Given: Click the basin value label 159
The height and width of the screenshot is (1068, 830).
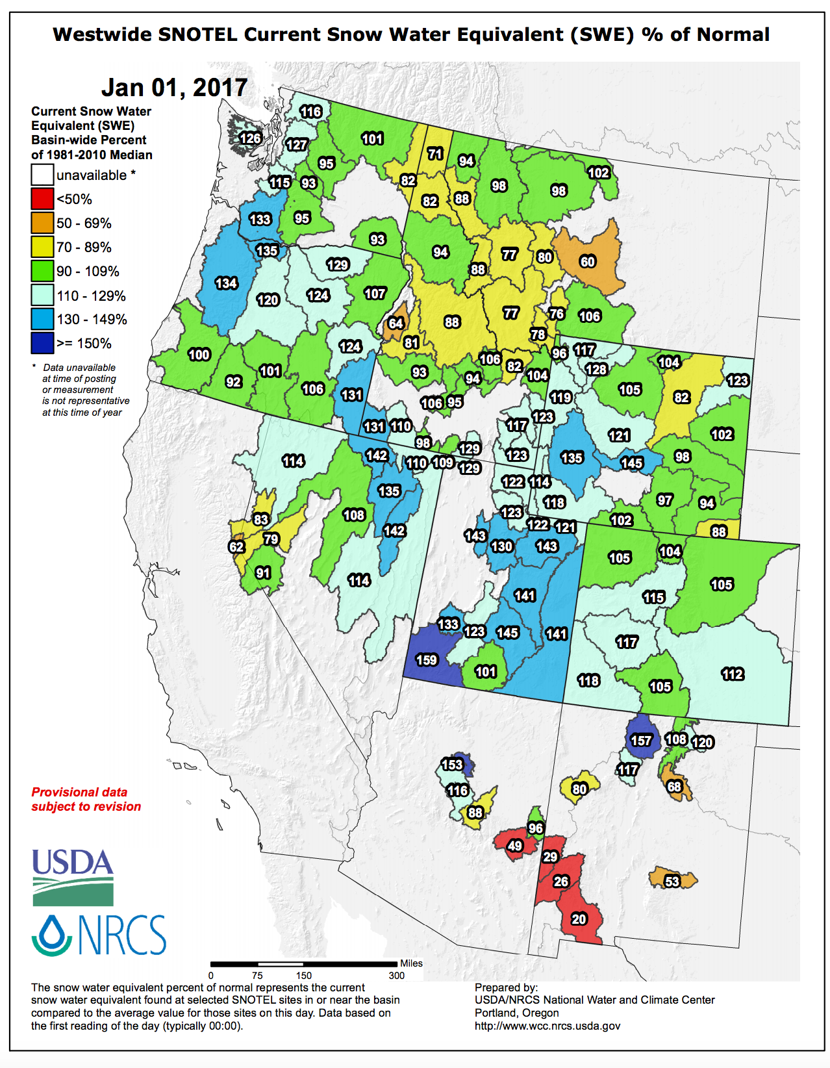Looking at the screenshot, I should [x=427, y=660].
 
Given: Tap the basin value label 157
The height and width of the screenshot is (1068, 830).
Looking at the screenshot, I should [x=641, y=741].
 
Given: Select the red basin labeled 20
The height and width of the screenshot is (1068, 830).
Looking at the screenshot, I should [x=579, y=919].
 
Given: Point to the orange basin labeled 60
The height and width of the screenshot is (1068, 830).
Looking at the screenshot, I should [x=588, y=261].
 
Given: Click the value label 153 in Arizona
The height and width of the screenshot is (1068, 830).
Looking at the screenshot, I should [x=452, y=765].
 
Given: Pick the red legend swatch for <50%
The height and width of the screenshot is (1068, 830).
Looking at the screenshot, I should [x=42, y=199].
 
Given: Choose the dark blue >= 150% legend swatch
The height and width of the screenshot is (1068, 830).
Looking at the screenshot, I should [x=42, y=343].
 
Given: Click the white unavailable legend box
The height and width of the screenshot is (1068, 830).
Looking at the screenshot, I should [x=42, y=175].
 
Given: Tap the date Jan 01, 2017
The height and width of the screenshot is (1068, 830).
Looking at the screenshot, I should [x=174, y=87].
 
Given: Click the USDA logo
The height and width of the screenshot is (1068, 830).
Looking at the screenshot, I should [x=73, y=876].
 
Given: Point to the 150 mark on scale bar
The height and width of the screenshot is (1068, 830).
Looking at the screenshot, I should [x=304, y=975].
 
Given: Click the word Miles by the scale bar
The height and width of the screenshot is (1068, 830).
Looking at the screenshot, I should [x=411, y=963].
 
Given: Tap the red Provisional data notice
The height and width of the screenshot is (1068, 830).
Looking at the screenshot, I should [x=86, y=799].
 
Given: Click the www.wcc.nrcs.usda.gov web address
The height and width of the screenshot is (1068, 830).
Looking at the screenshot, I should [x=547, y=1026].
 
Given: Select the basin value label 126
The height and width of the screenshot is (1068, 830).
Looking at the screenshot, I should [x=250, y=138].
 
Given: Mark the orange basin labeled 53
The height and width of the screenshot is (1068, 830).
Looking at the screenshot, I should [x=672, y=881].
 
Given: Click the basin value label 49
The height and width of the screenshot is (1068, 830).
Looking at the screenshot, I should [x=515, y=845].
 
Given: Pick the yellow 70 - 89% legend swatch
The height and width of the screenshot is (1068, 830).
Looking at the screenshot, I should [x=42, y=247].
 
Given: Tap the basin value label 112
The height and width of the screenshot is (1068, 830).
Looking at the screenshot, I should [x=733, y=674].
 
